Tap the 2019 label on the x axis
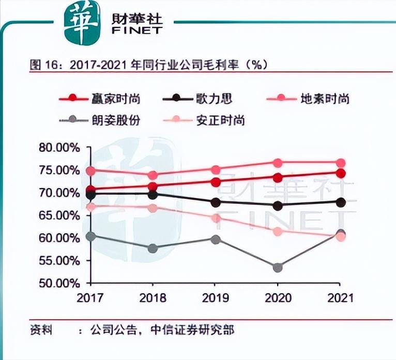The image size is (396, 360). (216, 298)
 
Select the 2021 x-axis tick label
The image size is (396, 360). (340, 298)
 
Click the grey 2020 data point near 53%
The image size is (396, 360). (278, 268)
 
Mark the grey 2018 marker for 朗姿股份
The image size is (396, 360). (153, 248)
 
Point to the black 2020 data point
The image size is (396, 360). (278, 206)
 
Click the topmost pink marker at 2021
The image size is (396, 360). (340, 163)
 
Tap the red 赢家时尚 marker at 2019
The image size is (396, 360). (216, 182)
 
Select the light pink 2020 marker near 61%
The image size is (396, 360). (278, 231)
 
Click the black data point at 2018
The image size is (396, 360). (153, 195)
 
